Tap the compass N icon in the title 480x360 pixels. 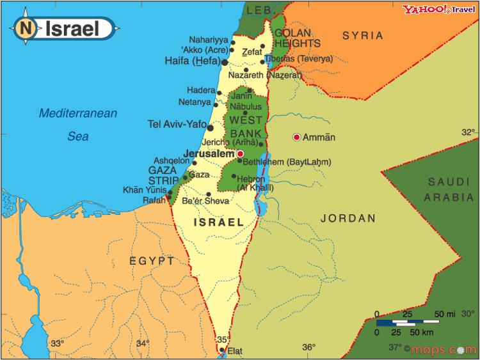pyautogui.click(x=26, y=28)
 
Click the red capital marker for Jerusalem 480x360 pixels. pyautogui.click(x=240, y=154)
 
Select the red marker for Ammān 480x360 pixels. pyautogui.click(x=296, y=137)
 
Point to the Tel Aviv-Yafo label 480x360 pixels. pyautogui.click(x=177, y=124)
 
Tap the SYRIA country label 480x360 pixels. pyautogui.click(x=363, y=36)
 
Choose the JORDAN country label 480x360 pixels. pyautogui.click(x=348, y=219)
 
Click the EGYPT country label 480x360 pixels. pyautogui.click(x=152, y=261)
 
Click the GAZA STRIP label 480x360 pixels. pyautogui.click(x=163, y=175)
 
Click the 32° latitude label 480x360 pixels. pyautogui.click(x=468, y=132)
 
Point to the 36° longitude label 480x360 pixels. pyautogui.click(x=308, y=347)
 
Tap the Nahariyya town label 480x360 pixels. pyautogui.click(x=208, y=40)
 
